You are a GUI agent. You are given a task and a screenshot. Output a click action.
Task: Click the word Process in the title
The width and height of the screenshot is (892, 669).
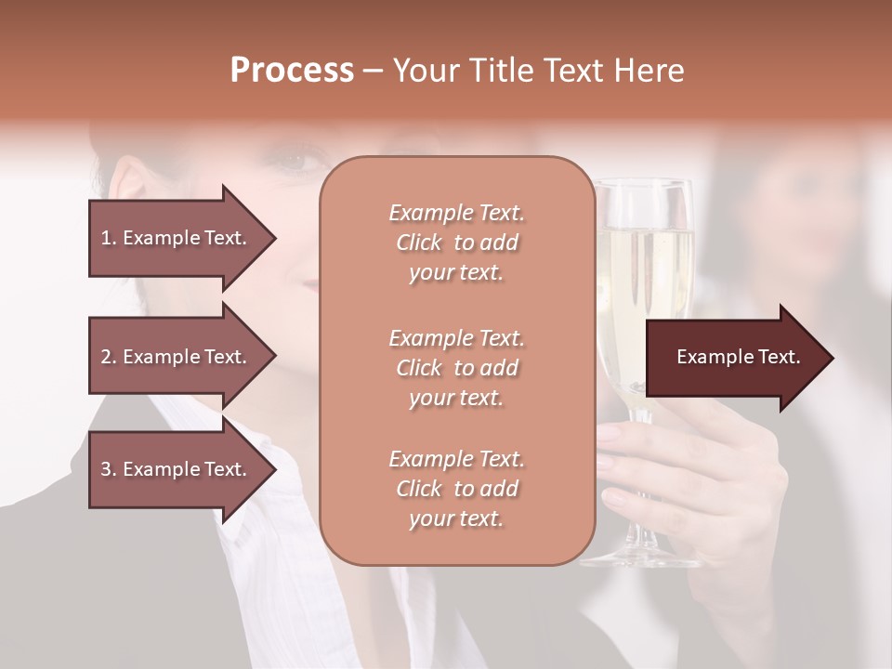292,71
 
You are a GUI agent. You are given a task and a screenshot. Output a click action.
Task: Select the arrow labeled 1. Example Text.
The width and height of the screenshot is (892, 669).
177,238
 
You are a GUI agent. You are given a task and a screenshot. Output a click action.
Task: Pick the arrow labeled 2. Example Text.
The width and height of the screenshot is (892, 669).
177,357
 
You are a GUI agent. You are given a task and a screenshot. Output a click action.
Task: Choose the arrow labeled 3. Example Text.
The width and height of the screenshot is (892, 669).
177,469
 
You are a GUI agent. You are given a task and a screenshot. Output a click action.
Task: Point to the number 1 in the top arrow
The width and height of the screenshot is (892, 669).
106,238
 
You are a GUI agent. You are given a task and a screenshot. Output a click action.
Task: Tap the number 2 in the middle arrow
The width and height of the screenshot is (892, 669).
106,357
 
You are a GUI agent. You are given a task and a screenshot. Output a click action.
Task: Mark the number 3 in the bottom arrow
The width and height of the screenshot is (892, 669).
106,469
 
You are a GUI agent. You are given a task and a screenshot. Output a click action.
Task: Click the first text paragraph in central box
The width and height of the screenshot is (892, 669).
456,243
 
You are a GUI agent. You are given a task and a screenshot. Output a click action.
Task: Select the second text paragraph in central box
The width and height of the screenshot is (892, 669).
456,368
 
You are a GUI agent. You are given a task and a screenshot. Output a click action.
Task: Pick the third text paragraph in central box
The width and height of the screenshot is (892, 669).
456,489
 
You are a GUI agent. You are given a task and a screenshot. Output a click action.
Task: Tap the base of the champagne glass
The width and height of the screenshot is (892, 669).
632,556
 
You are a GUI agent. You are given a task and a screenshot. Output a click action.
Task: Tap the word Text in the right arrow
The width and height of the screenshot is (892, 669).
779,358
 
